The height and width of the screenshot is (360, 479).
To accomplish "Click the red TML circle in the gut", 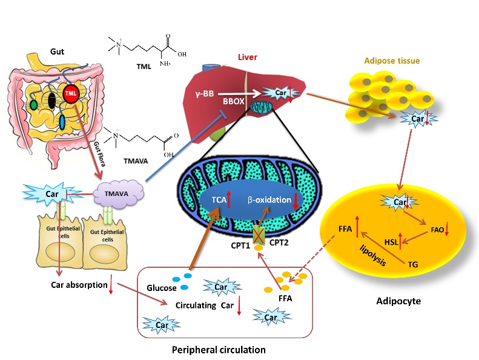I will click(71, 94).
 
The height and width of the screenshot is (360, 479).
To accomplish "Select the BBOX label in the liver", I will click(233, 102).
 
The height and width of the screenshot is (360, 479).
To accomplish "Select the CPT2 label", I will click(279, 242).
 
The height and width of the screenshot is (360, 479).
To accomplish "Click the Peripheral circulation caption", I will click(219, 350).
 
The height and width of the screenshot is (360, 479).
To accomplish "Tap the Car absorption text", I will click(75, 284).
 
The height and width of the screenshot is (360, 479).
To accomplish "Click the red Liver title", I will click(250, 57).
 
